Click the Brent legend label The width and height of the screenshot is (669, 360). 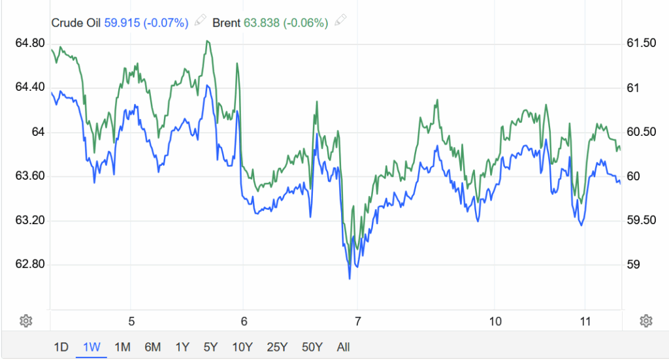click(227, 23)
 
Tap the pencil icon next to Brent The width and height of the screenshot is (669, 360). click(340, 22)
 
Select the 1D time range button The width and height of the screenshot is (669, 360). click(61, 347)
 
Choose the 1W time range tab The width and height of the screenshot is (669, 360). click(91, 347)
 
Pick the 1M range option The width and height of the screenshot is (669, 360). click(122, 347)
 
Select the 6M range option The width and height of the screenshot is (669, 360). click(152, 347)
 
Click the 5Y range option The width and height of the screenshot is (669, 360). click(210, 347)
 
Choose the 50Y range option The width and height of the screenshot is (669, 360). click(312, 347)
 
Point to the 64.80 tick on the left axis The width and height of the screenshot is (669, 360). click(29, 43)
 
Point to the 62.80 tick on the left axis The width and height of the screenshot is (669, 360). click(29, 265)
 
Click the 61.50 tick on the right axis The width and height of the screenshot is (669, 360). click(640, 43)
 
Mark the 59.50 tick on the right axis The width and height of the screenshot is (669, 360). click(640, 220)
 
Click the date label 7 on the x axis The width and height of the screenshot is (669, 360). click(357, 321)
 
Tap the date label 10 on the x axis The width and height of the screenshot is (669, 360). click(495, 321)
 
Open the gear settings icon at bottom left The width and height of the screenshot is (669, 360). click(26, 321)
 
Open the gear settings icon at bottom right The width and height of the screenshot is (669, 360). click(645, 321)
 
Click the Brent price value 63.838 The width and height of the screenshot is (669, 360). click(261, 23)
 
